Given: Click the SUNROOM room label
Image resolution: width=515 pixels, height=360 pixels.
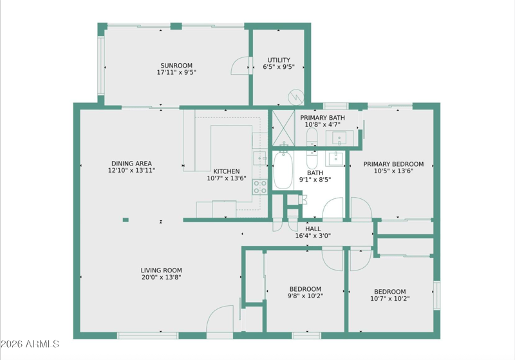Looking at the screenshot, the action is click(176, 65).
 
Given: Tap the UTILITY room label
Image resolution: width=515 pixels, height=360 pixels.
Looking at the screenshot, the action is click(279, 60).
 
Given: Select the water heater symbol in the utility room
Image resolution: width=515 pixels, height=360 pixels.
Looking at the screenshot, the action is click(296, 97).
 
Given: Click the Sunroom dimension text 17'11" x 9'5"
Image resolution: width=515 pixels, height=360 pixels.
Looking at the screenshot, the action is click(176, 72).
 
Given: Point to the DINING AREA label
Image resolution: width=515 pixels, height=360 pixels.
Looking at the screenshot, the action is click(131, 163).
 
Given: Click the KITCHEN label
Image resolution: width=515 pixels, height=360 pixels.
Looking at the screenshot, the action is click(227, 171).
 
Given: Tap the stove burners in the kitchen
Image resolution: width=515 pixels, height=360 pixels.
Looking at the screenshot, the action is click(259, 187).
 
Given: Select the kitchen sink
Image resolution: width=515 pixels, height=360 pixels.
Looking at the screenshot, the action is click(260, 158).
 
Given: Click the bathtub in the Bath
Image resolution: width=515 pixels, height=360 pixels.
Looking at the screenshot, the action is click(283, 170).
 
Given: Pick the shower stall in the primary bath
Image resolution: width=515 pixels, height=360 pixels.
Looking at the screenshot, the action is click(283, 128).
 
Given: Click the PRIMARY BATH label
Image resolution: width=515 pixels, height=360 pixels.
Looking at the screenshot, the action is click(323, 118).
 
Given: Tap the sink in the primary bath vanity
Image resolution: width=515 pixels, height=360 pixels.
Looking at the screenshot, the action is click(339, 138).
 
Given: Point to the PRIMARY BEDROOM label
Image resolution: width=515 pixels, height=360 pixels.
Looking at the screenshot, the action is click(393, 164).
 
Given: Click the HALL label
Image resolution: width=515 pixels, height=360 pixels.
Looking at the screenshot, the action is click(313, 229).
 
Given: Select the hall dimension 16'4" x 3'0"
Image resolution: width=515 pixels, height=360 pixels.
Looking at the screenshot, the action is click(313, 236).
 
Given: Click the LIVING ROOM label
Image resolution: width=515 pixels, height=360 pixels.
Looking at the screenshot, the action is click(162, 270).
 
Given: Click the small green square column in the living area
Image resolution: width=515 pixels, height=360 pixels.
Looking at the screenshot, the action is click(126, 220).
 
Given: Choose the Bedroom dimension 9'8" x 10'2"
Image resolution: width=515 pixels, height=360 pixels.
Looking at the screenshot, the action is click(305, 296).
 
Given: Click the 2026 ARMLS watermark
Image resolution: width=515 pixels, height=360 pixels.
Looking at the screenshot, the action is click(30, 344).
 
